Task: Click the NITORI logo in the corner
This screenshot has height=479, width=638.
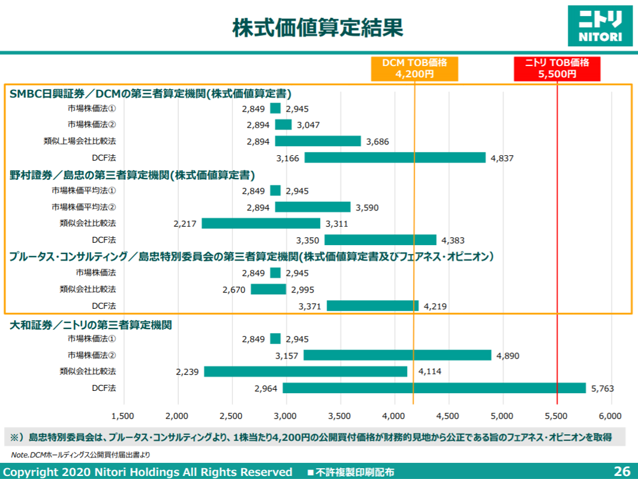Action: (600, 25)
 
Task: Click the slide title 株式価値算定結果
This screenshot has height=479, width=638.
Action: (318, 28)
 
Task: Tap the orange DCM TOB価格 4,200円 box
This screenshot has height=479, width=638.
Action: (414, 69)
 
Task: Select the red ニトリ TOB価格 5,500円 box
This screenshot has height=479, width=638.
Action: (557, 69)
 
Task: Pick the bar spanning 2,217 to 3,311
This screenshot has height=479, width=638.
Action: (261, 224)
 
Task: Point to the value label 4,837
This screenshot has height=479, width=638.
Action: (502, 158)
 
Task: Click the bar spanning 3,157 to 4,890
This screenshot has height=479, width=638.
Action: (397, 356)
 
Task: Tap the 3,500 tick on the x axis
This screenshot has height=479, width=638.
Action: (340, 415)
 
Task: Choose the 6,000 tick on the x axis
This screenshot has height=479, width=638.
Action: (610, 415)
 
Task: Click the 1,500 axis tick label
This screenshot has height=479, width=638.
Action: (123, 415)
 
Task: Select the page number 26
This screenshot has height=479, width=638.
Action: (622, 471)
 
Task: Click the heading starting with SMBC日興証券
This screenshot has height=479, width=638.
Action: (151, 94)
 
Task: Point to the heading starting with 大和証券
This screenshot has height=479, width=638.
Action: (91, 325)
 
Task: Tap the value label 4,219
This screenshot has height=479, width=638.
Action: (435, 306)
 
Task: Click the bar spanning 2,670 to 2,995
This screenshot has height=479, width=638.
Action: (268, 290)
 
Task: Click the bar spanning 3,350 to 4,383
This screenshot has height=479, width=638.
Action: (380, 240)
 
